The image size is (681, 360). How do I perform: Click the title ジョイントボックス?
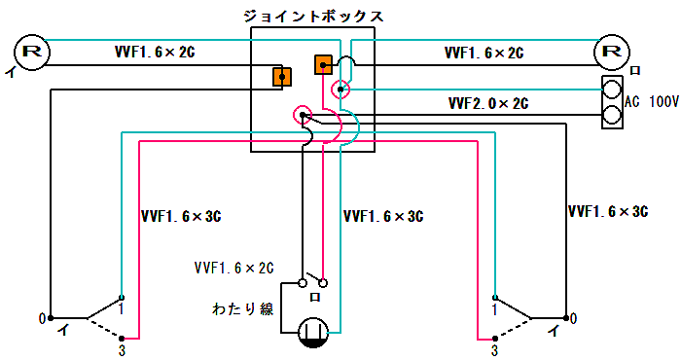(312, 17)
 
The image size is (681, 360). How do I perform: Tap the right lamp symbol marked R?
(611, 52)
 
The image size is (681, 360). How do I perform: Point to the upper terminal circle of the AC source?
(612, 90)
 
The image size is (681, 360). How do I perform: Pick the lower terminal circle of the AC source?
(612, 116)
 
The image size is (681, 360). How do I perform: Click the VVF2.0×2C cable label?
(488, 102)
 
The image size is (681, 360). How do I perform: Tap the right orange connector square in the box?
(324, 65)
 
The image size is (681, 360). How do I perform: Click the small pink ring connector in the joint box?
(340, 90)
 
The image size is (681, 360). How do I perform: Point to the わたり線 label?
(241, 309)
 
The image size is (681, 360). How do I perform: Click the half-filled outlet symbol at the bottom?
(311, 332)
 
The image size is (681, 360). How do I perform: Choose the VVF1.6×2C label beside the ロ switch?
(233, 267)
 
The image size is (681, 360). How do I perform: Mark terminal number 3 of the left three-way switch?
(123, 347)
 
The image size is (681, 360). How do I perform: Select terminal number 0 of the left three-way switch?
(41, 318)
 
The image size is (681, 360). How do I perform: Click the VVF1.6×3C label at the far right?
(608, 210)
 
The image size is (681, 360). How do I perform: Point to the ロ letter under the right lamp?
(634, 71)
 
